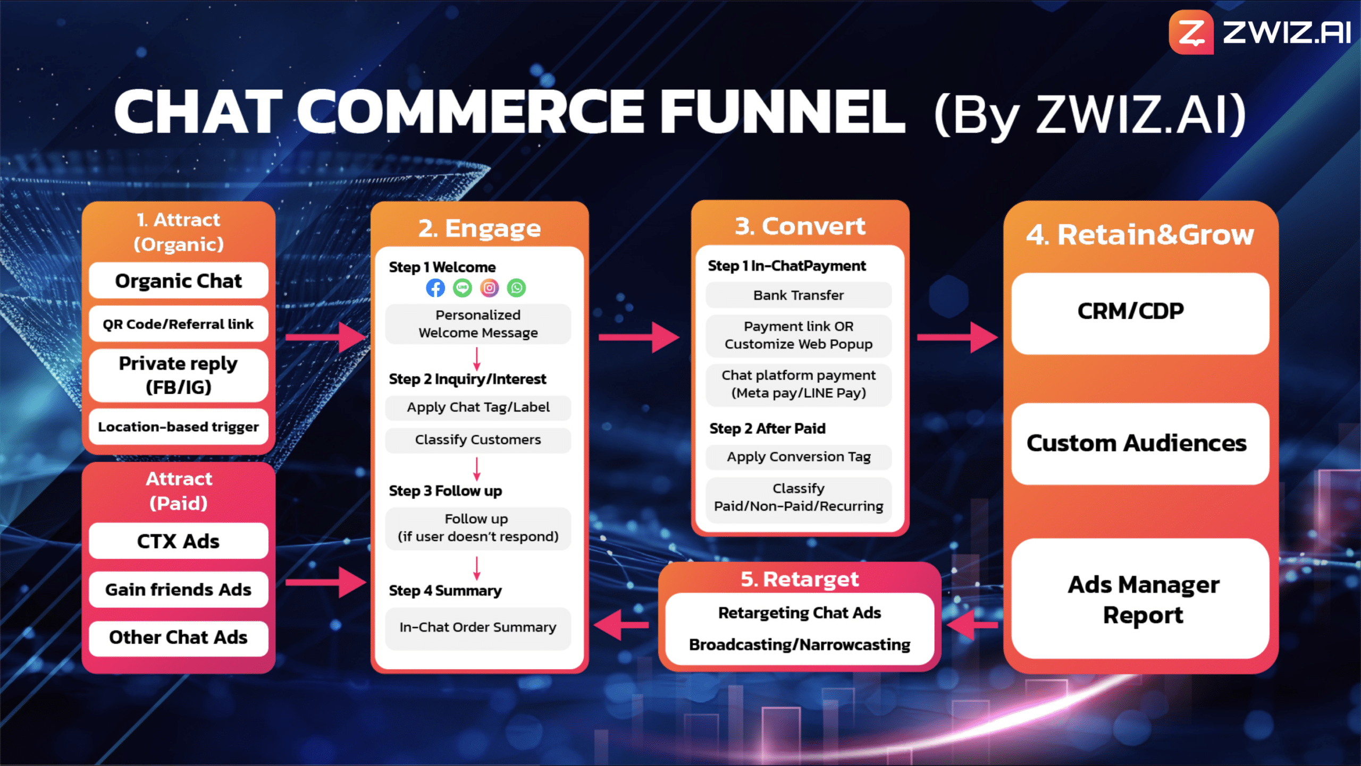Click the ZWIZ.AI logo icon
1191,32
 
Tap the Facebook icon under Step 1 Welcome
435,288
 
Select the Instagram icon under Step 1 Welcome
490,288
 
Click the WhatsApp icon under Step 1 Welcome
517,288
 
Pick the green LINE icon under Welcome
463,288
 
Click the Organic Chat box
179,280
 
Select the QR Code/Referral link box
179,324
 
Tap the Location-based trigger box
179,427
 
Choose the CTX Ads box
179,541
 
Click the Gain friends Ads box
179,589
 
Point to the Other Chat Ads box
179,637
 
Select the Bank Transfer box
799,295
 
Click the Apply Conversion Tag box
799,457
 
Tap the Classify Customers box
478,440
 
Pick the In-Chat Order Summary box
478,628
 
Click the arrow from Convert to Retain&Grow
957,337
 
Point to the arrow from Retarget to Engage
621,625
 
